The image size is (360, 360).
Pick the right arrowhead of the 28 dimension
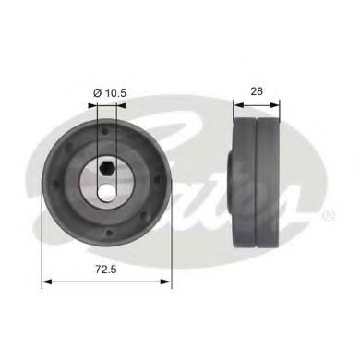pyautogui.click(x=278, y=105)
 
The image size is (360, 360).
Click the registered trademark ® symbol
pyautogui.click(x=328, y=214)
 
